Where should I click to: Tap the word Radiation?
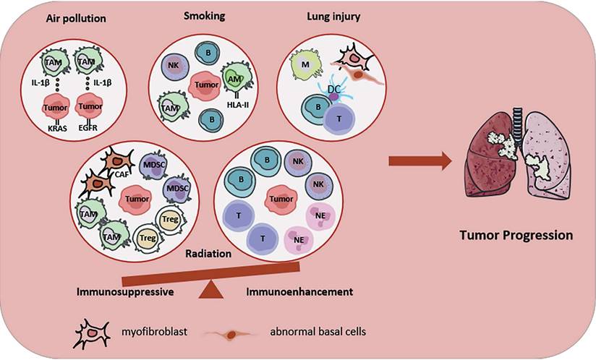tap(208, 254)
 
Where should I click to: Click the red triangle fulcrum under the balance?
tap(211, 290)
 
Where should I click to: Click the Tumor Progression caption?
tap(517, 235)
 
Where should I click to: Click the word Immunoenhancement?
tap(298, 292)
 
